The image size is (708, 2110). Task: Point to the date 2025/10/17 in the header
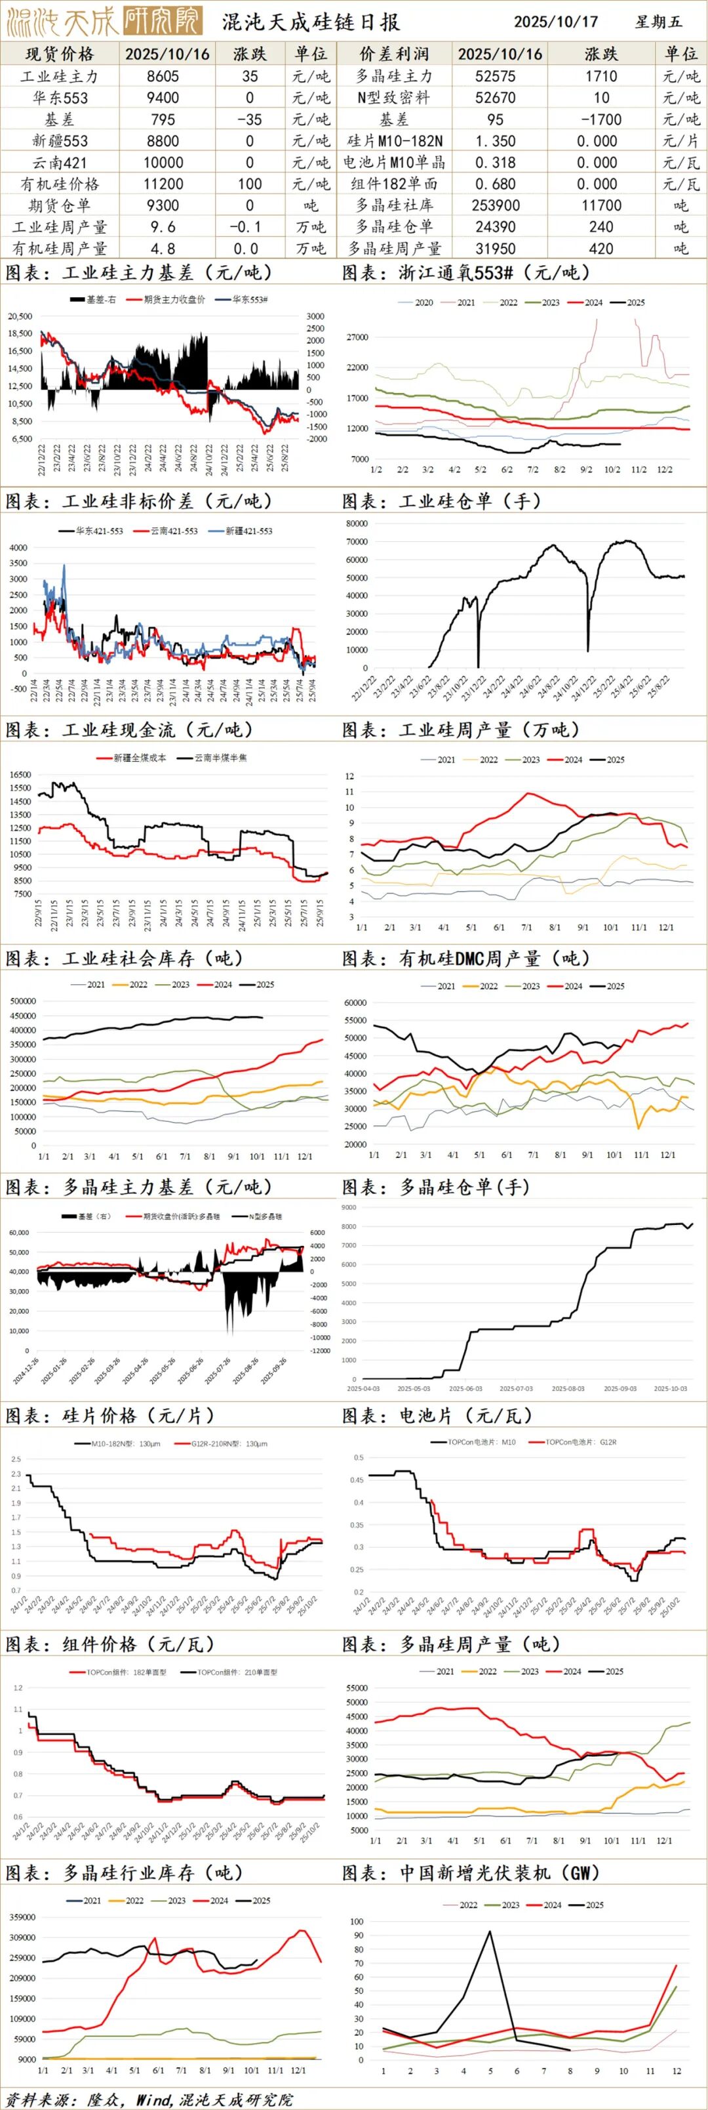(x=556, y=21)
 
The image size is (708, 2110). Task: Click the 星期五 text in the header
(x=658, y=21)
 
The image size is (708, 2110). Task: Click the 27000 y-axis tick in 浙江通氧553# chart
(x=359, y=337)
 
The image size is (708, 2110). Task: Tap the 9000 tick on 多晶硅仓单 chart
(x=349, y=1208)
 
